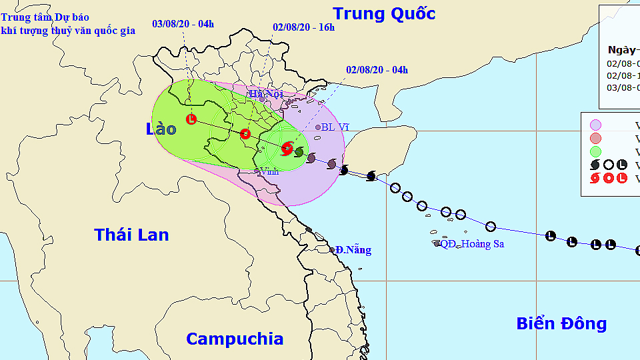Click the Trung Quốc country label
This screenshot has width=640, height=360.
(x=384, y=13)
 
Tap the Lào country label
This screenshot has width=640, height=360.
(x=161, y=129)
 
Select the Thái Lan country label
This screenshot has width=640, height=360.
(x=131, y=235)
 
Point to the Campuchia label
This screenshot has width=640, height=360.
(x=234, y=339)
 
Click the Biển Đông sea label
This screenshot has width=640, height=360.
(x=561, y=324)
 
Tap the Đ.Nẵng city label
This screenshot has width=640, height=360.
(x=353, y=250)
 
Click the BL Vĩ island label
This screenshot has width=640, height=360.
(x=335, y=127)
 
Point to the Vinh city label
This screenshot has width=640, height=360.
(x=269, y=171)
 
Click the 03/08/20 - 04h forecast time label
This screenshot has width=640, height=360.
(x=183, y=24)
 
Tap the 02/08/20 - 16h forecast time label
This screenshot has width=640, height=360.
(x=303, y=27)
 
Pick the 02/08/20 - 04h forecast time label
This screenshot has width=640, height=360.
(x=377, y=70)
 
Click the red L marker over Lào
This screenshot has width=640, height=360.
(x=191, y=119)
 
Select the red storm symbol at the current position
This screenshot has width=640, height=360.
(x=287, y=149)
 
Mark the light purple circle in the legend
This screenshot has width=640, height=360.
(x=595, y=125)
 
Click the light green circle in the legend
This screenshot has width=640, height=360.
(x=595, y=151)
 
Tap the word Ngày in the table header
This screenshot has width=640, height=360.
(x=621, y=49)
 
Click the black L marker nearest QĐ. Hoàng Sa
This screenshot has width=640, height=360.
(x=551, y=235)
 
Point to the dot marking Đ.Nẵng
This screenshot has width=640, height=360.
(x=332, y=250)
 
